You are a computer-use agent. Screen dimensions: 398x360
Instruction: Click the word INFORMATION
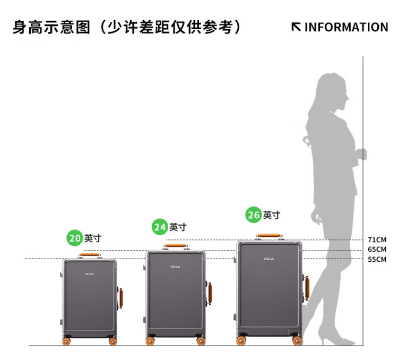point(346,27)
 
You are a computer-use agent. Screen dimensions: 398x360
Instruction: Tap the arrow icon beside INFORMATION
point(296,27)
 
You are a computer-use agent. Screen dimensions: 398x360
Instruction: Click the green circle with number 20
point(75,238)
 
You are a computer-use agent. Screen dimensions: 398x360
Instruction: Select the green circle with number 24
point(160,227)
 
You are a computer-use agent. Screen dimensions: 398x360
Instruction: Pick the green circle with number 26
point(253,215)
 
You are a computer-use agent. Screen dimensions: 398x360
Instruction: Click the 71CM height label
point(377,239)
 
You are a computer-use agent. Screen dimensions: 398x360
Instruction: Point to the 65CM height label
point(377,249)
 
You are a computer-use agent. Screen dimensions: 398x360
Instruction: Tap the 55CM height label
point(377,260)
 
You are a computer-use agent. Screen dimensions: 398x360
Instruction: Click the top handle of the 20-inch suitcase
point(89,254)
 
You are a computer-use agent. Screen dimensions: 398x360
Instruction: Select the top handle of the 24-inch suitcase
point(176,245)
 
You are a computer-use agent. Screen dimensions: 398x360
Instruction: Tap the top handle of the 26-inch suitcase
point(269,236)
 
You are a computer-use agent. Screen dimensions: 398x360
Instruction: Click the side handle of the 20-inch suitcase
point(121,298)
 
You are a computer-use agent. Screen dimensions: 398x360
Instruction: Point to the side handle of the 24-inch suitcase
point(210,293)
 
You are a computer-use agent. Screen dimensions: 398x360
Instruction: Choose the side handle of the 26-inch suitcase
point(307,288)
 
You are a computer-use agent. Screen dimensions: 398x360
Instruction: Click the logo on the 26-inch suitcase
point(269,259)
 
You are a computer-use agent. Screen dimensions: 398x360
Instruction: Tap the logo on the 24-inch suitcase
point(176,267)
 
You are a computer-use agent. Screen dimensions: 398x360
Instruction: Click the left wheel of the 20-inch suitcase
point(66,341)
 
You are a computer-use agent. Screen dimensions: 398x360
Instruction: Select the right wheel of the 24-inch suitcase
point(201,341)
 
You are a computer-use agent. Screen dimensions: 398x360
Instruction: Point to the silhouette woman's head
point(332,91)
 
